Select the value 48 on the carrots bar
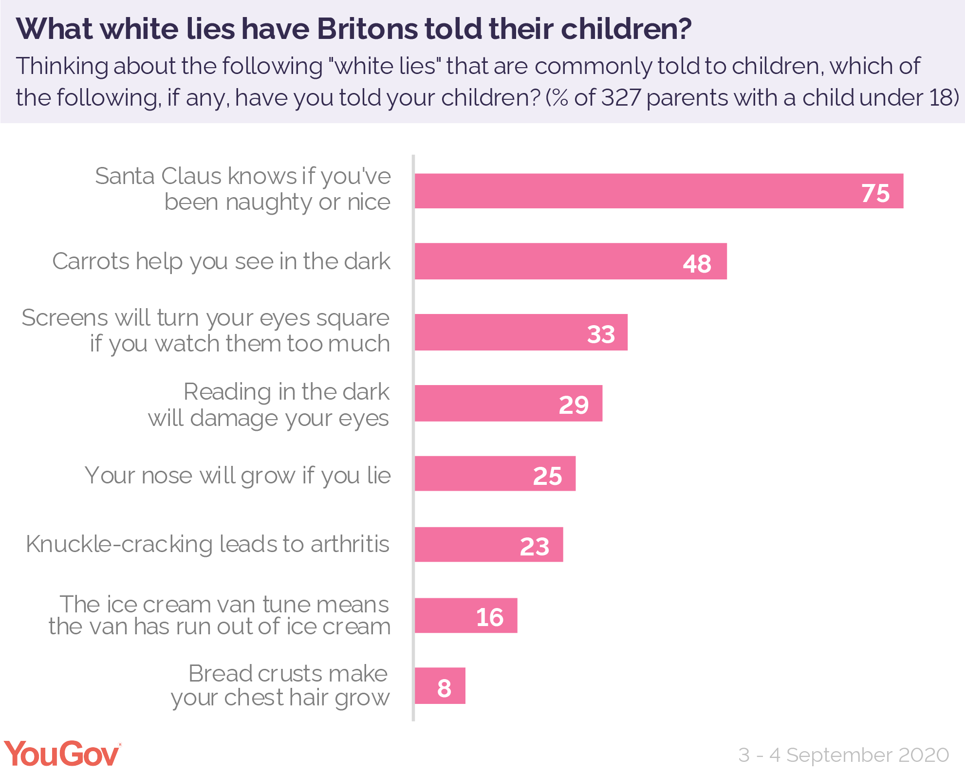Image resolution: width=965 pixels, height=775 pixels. coord(697,263)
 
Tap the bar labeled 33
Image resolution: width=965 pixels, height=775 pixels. coord(520,332)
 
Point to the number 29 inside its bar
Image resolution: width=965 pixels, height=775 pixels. coord(574,405)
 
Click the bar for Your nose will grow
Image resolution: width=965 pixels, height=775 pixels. coord(495,474)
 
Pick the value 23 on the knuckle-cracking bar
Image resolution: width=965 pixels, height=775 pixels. coord(534,546)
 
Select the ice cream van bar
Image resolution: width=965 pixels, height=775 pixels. coord(465,615)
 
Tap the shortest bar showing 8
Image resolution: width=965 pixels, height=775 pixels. coord(440,686)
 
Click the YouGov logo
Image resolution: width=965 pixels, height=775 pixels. coord(62,754)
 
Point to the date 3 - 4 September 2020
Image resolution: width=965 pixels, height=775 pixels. coord(843,755)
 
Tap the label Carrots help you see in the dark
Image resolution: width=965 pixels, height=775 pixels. coord(221,261)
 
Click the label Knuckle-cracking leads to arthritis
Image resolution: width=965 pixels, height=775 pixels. coord(207,544)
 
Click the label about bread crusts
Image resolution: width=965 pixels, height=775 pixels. coord(280,685)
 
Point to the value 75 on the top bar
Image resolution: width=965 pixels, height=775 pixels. coord(875,193)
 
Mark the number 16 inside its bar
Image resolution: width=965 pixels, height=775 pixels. coord(489,617)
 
